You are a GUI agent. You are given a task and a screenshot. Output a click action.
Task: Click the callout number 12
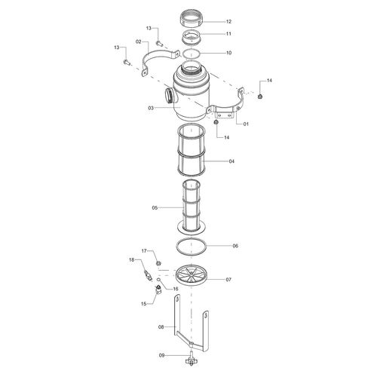[228, 22]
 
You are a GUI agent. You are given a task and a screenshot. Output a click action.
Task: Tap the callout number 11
[228, 34]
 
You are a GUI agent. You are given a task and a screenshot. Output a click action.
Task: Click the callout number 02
[139, 41]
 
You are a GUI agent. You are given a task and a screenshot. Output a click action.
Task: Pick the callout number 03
[151, 109]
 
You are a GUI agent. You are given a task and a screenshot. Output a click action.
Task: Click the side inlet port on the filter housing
[169, 94]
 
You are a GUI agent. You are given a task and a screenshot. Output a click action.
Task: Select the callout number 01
[246, 124]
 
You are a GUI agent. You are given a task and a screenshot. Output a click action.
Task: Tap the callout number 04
[231, 161]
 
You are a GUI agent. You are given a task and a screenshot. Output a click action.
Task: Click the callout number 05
[155, 208]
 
